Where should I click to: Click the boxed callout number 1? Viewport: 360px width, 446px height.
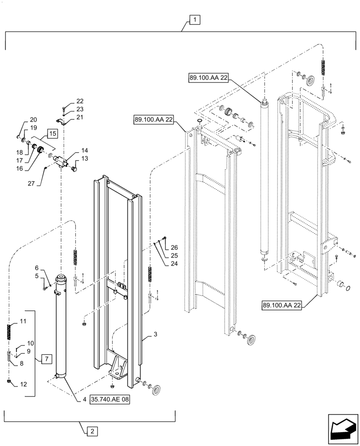(x=195, y=20)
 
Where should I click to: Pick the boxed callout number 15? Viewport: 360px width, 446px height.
(x=52, y=134)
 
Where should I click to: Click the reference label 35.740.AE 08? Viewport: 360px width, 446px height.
(x=110, y=400)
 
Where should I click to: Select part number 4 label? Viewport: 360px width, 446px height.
(x=84, y=400)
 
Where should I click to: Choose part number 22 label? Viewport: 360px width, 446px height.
(x=80, y=101)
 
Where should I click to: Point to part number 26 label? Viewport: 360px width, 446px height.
(x=174, y=248)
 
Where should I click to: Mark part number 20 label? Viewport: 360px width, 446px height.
(x=34, y=120)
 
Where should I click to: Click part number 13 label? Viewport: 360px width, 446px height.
(x=85, y=159)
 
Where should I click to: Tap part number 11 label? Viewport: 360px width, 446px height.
(x=23, y=322)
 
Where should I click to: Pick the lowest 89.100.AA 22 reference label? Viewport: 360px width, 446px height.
(x=282, y=305)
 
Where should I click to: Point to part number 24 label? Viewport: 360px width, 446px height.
(x=174, y=264)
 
